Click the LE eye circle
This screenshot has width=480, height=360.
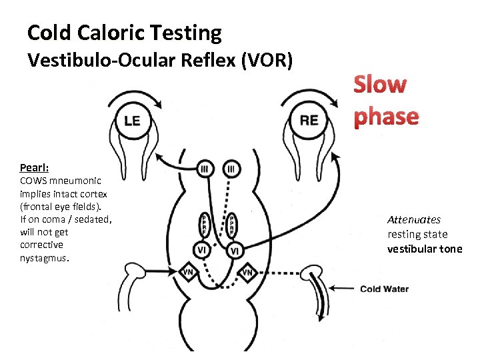(x=133, y=120)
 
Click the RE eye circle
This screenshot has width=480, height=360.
(x=309, y=120)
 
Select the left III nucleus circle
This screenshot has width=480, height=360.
(x=204, y=169)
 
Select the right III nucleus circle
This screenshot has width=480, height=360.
(x=231, y=169)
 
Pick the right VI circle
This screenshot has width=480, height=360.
(x=234, y=251)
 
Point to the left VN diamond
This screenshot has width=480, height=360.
(x=189, y=272)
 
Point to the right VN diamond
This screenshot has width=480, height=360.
(x=247, y=272)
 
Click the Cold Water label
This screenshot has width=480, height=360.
(x=384, y=289)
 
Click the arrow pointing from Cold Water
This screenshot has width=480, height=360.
(x=343, y=289)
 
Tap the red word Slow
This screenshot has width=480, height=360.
(x=379, y=85)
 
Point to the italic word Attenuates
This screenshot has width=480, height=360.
(x=414, y=219)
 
